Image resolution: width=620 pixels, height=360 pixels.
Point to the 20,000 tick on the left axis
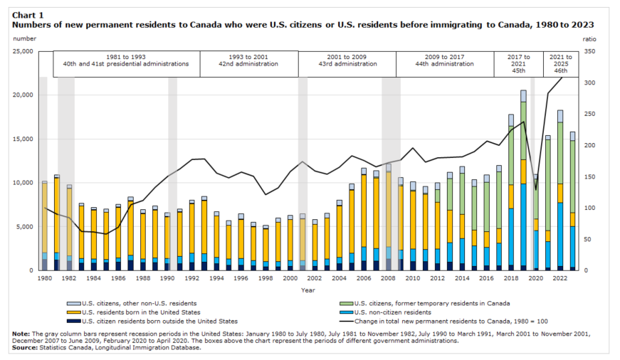click(x=23, y=95)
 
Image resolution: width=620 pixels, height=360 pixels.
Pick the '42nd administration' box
click(x=248, y=63)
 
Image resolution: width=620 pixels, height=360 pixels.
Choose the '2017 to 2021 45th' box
click(x=518, y=63)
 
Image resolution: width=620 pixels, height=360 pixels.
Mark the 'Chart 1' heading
click(x=28, y=14)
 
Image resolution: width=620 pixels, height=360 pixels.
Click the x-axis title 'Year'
click(x=308, y=290)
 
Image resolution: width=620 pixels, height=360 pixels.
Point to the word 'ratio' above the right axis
click(x=589, y=39)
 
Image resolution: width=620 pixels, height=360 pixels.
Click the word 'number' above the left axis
click(x=23, y=39)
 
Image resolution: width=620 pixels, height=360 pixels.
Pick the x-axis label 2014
click(x=462, y=278)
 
